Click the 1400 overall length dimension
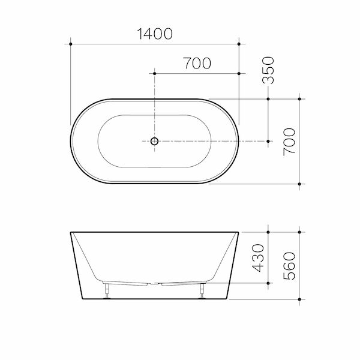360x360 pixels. pos(154,34)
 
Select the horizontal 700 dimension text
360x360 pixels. pos(197,64)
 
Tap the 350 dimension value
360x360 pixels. pos(268,70)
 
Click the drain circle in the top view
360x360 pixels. pos(154,142)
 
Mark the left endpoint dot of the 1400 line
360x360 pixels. pos(71,44)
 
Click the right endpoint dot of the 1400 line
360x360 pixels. pos(239,44)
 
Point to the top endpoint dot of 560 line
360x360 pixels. pos(299,231)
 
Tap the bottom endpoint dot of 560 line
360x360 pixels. pos(299,298)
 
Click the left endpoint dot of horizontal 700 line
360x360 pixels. pos(155,73)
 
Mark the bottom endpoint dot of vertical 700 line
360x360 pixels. pos(299,184)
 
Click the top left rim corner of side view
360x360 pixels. pos(71,232)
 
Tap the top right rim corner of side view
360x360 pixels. pos(239,232)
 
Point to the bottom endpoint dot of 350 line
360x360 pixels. pos(268,142)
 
